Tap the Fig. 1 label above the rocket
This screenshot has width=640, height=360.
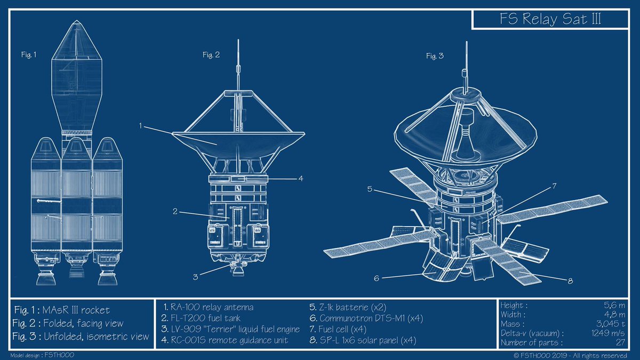[x=29, y=54]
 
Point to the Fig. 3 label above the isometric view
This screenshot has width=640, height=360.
[x=435, y=55]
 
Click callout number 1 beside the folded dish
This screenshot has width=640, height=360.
[x=141, y=126]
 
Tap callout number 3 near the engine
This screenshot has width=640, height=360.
[x=196, y=276]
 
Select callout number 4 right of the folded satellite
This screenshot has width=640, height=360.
[x=301, y=179]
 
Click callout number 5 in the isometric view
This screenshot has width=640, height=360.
[x=370, y=188]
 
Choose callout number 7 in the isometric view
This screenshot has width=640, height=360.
[x=554, y=186]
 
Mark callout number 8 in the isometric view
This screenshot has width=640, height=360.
[x=570, y=281]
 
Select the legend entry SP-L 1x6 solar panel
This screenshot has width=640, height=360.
[x=362, y=340]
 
